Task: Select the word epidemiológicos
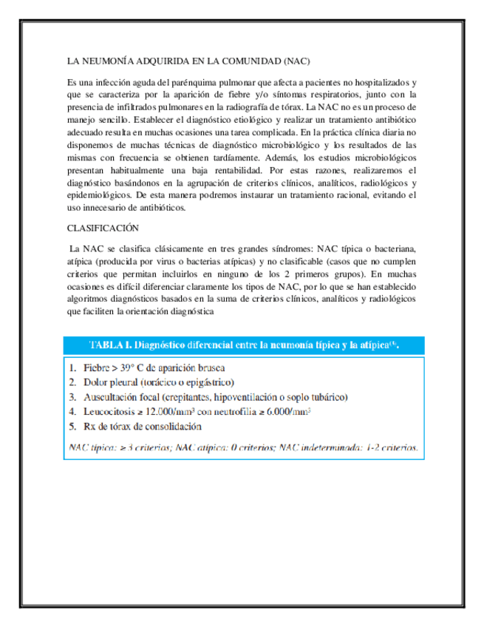pyautogui.click(x=99, y=195)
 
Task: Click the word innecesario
pyautogui.click(x=120, y=207)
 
